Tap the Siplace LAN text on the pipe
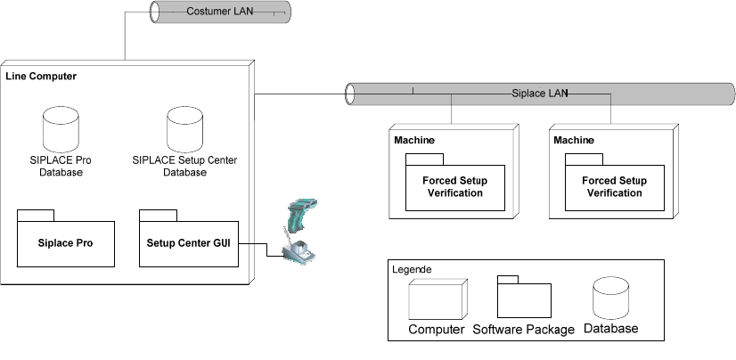click(x=539, y=92)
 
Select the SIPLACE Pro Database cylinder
click(x=61, y=128)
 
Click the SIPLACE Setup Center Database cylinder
click(x=184, y=128)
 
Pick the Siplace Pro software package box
click(x=66, y=242)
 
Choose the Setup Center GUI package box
click(x=189, y=242)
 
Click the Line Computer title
click(x=41, y=77)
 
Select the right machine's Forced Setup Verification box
click(x=614, y=186)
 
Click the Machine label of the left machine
click(x=413, y=141)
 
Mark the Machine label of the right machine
click(x=574, y=141)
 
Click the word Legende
click(x=413, y=268)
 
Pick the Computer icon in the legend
click(x=436, y=300)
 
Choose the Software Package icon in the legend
click(x=523, y=300)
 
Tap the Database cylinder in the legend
click(x=611, y=299)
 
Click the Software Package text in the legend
click(x=523, y=330)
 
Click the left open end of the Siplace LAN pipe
click(x=349, y=92)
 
